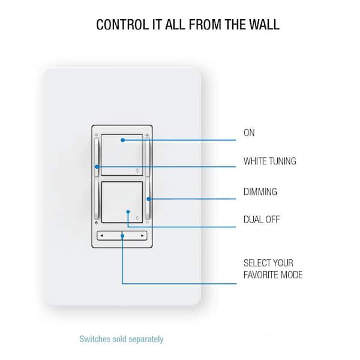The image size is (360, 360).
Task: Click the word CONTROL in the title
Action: [x=122, y=25]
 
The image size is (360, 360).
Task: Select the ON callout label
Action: [x=249, y=133]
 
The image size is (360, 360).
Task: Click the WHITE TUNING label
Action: [x=270, y=161]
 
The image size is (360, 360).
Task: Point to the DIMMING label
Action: [x=260, y=192]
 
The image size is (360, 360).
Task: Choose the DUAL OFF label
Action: [x=262, y=220]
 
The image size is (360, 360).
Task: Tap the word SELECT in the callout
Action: [x=256, y=263]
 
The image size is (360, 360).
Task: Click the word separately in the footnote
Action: [x=146, y=339]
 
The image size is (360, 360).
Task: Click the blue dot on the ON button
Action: [x=123, y=140]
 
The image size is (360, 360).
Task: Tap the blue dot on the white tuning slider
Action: [x=97, y=167]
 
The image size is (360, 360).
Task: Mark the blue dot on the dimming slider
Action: [x=149, y=199]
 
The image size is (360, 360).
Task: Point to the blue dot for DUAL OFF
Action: [x=128, y=212]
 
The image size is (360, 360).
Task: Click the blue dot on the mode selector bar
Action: [x=122, y=236]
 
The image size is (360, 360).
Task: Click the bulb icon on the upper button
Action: [x=137, y=170]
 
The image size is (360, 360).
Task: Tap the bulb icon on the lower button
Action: [x=137, y=218]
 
